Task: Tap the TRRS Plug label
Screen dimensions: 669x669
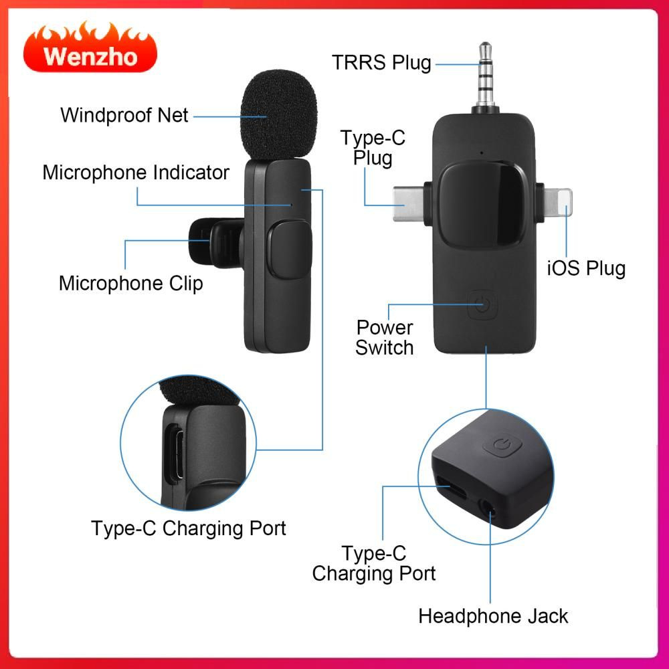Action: click(381, 63)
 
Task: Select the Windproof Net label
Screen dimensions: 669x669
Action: click(124, 115)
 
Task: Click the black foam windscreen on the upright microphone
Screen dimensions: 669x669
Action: click(279, 115)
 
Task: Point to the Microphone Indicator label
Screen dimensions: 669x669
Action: click(136, 173)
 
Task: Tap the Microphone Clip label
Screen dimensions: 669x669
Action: click(130, 284)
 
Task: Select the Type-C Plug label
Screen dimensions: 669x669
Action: click(373, 148)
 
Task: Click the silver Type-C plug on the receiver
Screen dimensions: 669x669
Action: click(408, 204)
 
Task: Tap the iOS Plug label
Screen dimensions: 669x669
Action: click(586, 268)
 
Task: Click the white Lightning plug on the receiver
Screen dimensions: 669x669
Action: click(558, 203)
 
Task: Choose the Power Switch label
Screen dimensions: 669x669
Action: click(385, 337)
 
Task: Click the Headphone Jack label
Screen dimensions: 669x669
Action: click(493, 616)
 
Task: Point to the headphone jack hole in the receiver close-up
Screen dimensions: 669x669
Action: click(488, 508)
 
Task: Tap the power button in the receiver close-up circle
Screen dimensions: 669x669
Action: click(502, 446)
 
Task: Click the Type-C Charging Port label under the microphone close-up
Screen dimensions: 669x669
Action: click(188, 529)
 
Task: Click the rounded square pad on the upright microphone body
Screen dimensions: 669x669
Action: click(290, 250)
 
